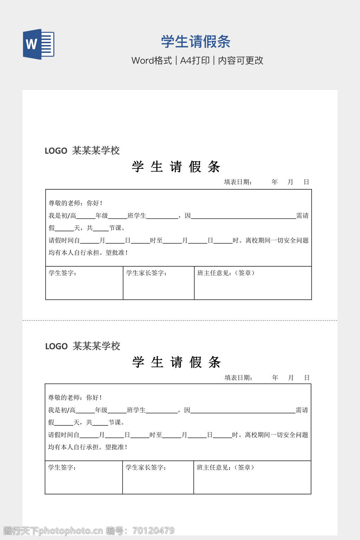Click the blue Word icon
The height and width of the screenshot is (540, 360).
[x=39, y=44]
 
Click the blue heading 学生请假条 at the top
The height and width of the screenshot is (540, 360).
[x=195, y=41]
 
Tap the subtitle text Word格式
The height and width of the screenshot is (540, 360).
[x=152, y=60]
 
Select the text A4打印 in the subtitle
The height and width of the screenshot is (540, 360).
[x=195, y=60]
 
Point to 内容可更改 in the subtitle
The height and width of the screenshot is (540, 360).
[x=240, y=60]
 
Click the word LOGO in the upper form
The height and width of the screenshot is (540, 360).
[x=56, y=151]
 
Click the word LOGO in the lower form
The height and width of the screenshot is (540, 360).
[x=56, y=346]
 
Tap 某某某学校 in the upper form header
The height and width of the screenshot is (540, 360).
[x=96, y=150]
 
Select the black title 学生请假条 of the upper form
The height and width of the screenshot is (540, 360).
[x=176, y=167]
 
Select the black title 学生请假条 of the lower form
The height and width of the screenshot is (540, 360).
[x=176, y=362]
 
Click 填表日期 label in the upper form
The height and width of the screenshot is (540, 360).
[x=238, y=182]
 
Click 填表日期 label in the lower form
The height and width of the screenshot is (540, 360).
[x=238, y=378]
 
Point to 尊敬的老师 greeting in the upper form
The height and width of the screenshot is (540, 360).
[x=66, y=203]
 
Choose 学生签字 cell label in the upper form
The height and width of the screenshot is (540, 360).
[x=62, y=273]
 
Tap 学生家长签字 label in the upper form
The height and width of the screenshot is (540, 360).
[x=146, y=273]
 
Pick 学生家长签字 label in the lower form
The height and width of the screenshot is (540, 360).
[x=146, y=467]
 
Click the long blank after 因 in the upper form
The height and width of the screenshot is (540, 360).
[x=243, y=216]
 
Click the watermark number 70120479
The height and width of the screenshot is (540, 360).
[x=153, y=531]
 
